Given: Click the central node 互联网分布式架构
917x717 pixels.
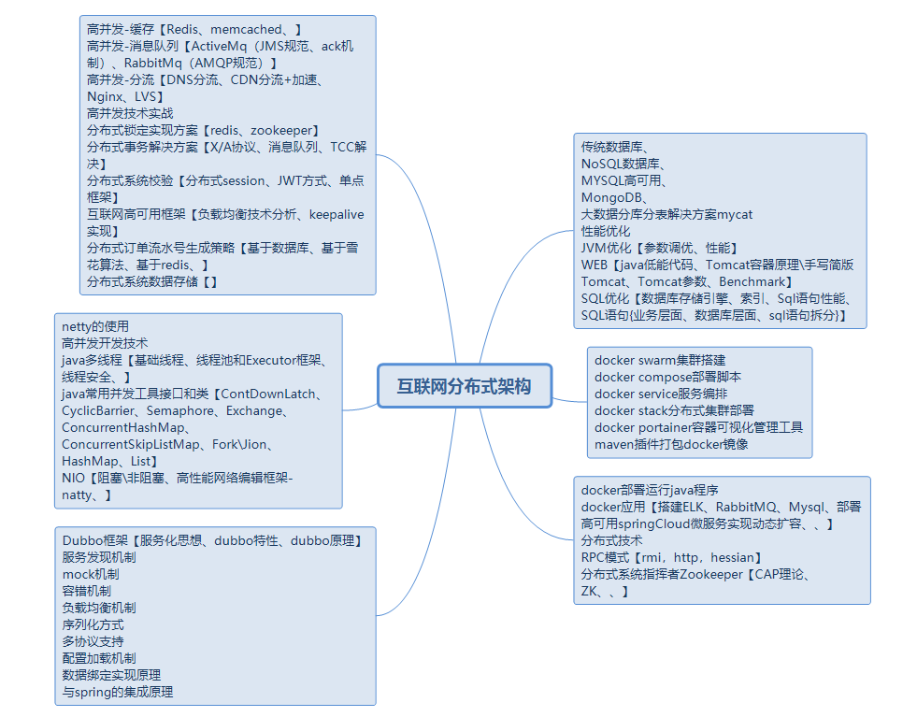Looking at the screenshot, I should (x=465, y=386).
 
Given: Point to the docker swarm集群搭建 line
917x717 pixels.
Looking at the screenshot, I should (x=660, y=360).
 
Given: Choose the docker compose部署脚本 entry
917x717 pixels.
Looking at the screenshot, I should (x=667, y=377).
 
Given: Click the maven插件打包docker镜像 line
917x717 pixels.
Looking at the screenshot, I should (x=671, y=444).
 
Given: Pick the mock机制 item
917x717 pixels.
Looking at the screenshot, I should (x=91, y=574).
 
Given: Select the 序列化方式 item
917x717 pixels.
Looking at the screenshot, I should (x=93, y=624).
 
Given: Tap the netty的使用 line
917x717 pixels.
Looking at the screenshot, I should (x=95, y=326).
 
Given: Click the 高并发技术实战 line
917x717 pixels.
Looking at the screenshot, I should (x=130, y=113).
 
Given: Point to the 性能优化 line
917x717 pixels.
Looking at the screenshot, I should (x=606, y=231).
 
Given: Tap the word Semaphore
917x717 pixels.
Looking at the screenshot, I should (x=184, y=410).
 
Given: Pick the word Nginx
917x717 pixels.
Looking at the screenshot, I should (x=106, y=96).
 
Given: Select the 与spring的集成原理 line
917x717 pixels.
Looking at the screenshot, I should (x=118, y=692).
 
